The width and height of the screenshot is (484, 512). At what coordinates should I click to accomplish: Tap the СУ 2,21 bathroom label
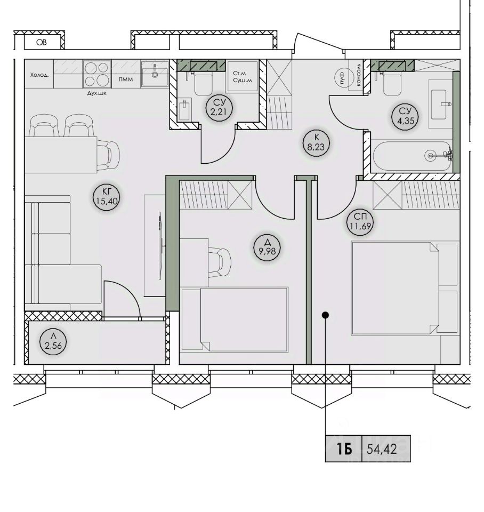219,108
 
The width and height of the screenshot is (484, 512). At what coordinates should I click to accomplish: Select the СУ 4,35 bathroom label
405,116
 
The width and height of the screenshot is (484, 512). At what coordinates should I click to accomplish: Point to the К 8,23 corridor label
316,143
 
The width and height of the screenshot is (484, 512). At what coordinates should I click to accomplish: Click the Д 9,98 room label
267,247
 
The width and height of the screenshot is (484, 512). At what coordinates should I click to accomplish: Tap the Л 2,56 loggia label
53,341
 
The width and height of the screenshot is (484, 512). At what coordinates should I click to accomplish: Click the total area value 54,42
382,449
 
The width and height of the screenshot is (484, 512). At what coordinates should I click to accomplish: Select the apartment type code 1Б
344,450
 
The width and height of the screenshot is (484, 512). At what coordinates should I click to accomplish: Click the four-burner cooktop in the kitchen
97,74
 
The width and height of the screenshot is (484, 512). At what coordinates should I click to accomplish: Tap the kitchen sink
155,74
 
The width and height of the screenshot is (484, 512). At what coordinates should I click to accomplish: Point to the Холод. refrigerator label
39,75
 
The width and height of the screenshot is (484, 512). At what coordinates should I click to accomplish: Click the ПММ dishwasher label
126,79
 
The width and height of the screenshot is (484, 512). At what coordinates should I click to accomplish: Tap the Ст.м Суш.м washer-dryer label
242,77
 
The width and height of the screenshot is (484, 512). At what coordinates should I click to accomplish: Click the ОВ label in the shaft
42,42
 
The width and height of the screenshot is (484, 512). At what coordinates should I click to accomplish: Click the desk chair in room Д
219,262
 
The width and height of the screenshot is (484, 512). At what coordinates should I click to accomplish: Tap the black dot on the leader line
325,315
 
